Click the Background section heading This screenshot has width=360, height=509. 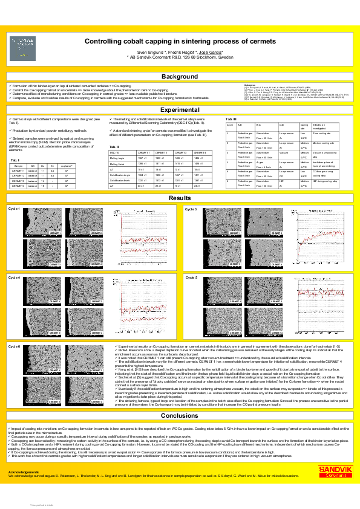179,77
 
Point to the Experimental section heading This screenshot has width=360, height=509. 179,110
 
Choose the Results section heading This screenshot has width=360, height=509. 179,198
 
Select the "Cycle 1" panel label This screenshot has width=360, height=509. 13,209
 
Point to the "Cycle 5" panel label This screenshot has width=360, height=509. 191,277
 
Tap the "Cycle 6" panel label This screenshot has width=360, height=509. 13,346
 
